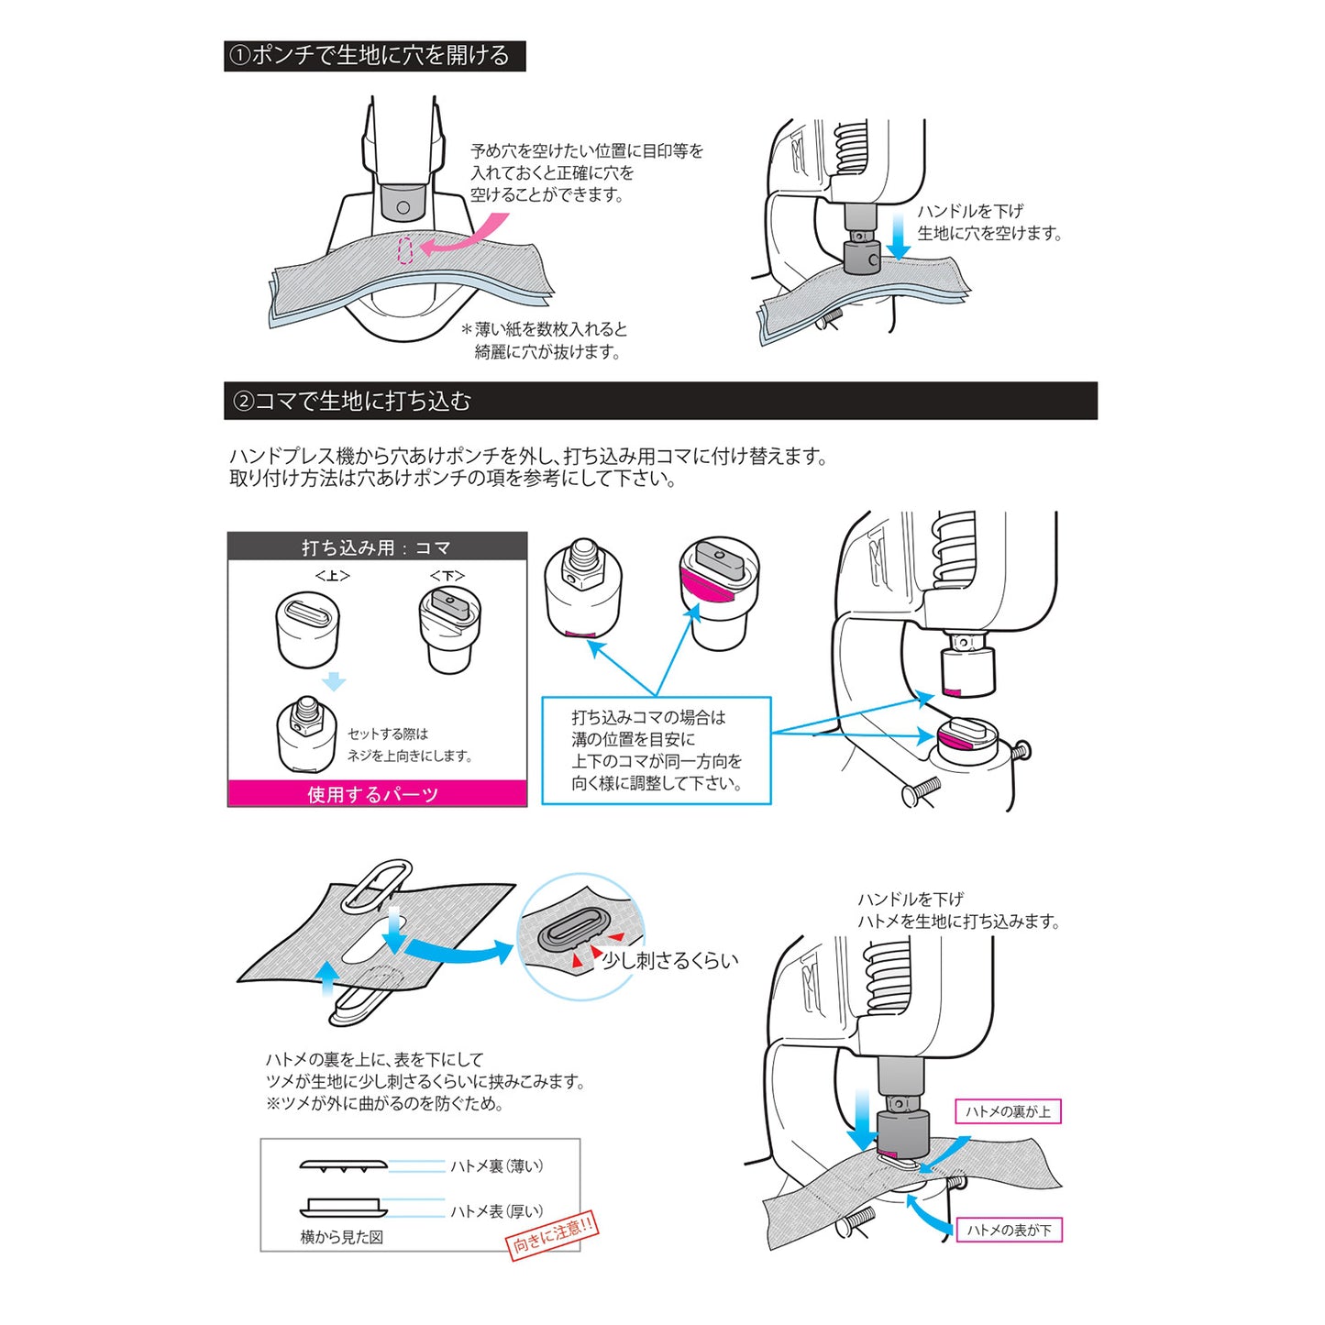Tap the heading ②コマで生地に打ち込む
(x=353, y=402)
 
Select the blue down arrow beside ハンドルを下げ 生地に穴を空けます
(x=900, y=237)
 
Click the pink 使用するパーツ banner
(x=377, y=793)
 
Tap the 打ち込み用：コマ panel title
(x=377, y=547)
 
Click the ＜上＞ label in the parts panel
(x=332, y=576)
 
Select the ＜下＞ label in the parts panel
(x=447, y=576)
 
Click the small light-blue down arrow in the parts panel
(x=334, y=681)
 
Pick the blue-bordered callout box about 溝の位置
(x=657, y=751)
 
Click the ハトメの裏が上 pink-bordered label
(x=1008, y=1111)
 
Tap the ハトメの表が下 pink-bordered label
(x=1009, y=1230)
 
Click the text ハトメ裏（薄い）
(x=496, y=1166)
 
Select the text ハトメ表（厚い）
(x=496, y=1211)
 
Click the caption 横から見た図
(x=342, y=1237)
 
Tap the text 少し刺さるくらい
(x=669, y=960)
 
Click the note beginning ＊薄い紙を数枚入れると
(x=547, y=340)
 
